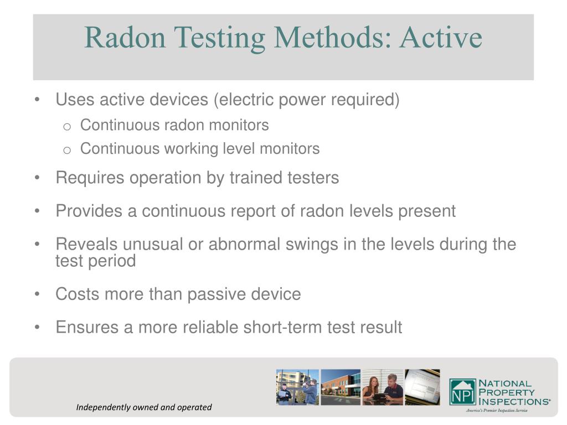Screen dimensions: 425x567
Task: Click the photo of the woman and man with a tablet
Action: point(382,387)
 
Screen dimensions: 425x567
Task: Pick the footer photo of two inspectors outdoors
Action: point(297,387)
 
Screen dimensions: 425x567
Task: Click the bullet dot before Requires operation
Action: point(37,178)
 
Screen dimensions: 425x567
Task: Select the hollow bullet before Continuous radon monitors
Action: point(66,126)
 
